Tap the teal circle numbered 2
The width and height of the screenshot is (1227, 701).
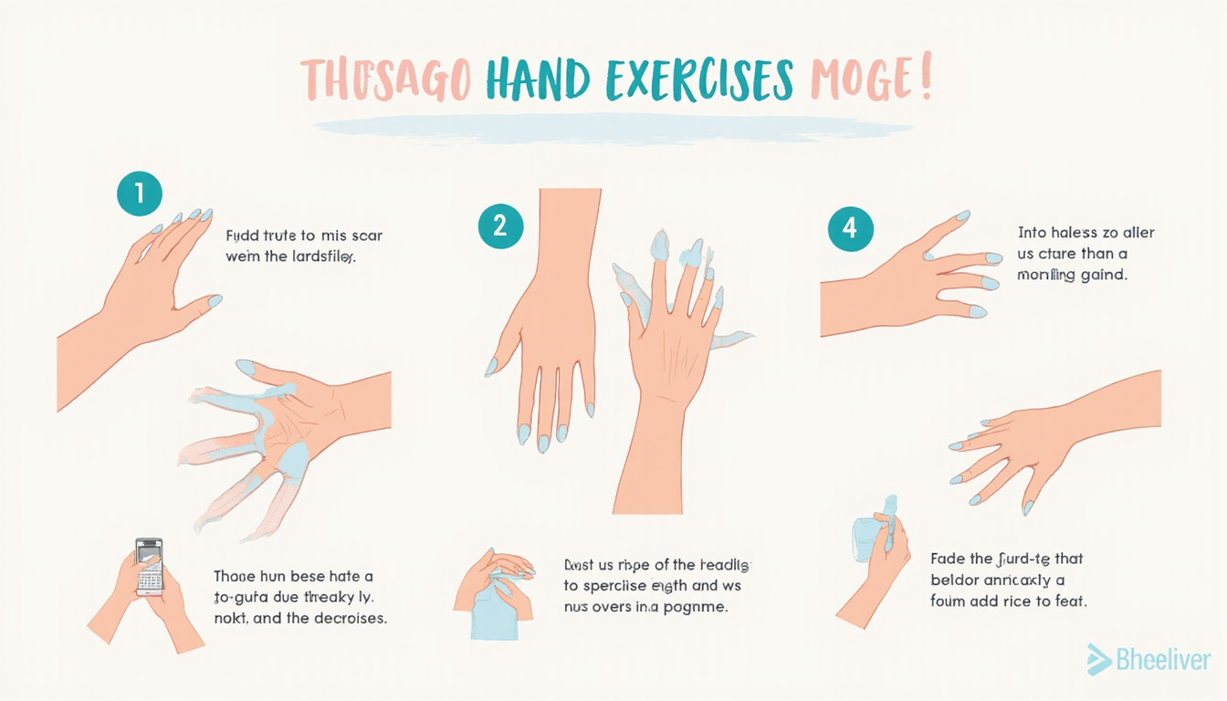[500, 225]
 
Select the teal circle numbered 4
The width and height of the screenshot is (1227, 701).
[850, 228]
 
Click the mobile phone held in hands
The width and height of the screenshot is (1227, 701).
[149, 566]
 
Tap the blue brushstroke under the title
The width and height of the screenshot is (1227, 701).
[612, 128]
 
